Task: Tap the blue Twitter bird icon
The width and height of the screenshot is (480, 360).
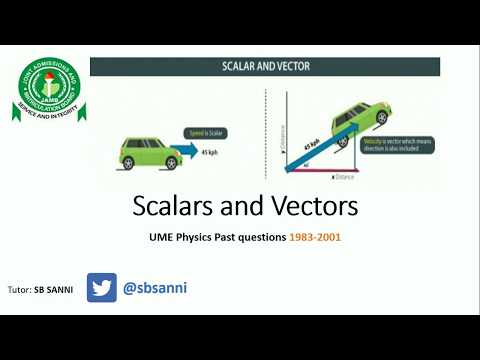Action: click(102, 288)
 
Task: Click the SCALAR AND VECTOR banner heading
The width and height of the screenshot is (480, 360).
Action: click(267, 67)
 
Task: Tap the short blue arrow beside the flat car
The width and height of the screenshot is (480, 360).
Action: click(186, 154)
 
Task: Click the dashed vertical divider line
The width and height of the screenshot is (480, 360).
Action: click(266, 130)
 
